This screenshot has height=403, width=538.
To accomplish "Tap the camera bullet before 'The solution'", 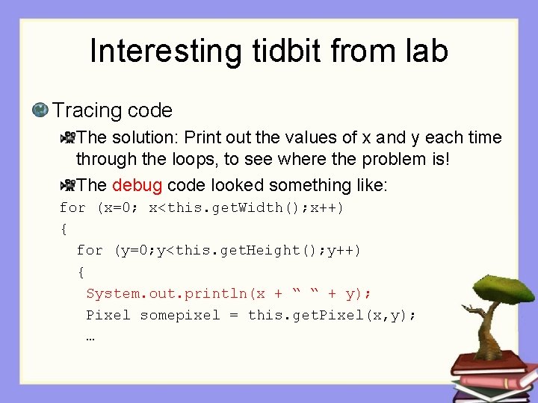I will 67,137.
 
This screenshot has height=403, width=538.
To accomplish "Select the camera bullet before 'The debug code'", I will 67,184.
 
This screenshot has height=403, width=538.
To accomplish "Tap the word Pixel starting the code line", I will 108,315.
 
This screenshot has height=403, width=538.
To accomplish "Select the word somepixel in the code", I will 180,315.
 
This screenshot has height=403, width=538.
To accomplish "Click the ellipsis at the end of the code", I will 90,337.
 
